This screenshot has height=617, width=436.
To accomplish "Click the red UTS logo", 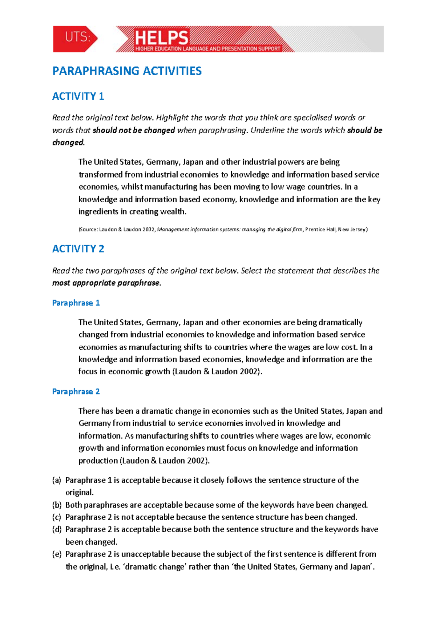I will (75, 39).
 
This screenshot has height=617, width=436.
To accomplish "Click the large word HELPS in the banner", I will (162, 37).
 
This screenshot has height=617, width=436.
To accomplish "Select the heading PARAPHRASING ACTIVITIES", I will (127, 71).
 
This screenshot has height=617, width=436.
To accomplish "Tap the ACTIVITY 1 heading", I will (78, 96).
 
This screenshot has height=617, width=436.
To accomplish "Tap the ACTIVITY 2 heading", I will (78, 249).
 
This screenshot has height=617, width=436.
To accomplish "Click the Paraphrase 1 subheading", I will (76, 303).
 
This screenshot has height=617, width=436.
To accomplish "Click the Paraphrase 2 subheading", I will (76, 391).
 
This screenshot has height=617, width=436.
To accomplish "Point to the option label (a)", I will (57, 480).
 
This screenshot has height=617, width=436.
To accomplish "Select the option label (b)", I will (57, 505).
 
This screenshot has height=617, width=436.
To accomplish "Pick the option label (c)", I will (57, 517).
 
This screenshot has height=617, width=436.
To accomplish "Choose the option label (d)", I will (57, 529).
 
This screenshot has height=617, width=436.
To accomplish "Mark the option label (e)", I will (57, 554).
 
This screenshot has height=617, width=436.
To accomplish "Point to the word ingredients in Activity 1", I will (98, 212).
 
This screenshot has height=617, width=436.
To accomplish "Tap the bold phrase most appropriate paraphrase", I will (106, 283).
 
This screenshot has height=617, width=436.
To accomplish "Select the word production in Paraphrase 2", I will (97, 461).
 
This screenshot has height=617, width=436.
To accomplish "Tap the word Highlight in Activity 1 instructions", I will (172, 118).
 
